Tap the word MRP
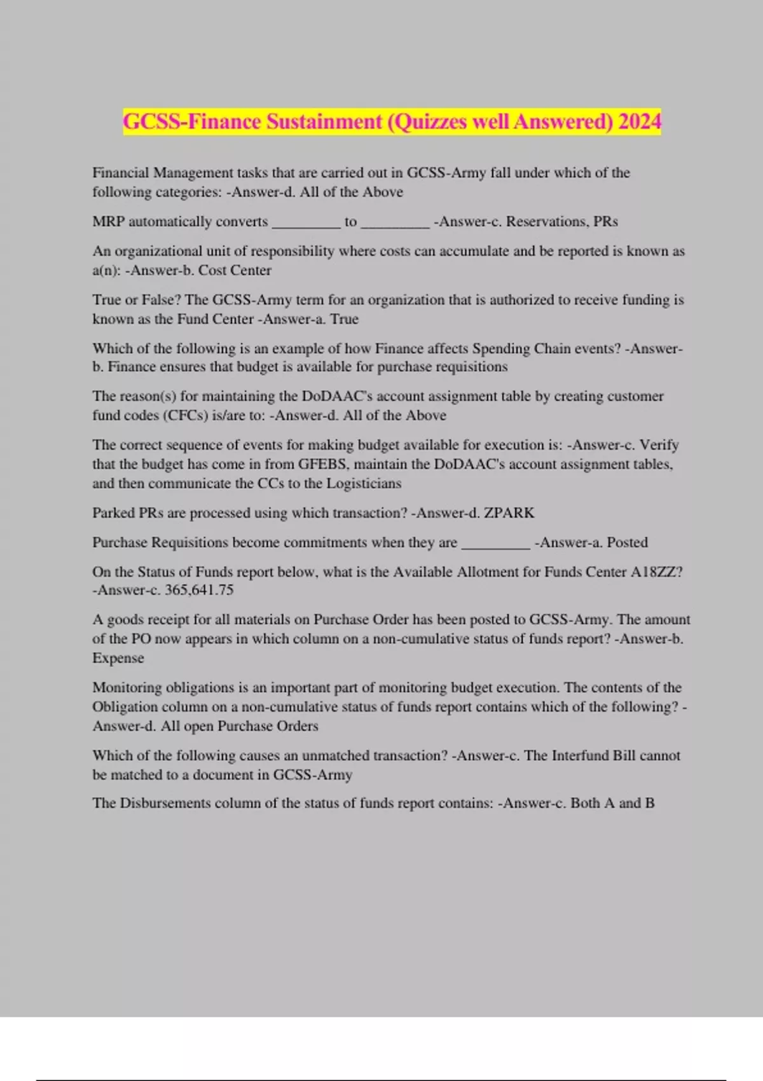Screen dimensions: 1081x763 [x=108, y=221]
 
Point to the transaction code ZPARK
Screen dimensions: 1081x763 [x=509, y=513]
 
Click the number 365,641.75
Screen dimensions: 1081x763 [x=199, y=590]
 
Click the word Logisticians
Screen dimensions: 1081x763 [x=364, y=483]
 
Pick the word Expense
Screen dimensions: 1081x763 [x=118, y=658]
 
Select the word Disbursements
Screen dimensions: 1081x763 [x=165, y=803]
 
